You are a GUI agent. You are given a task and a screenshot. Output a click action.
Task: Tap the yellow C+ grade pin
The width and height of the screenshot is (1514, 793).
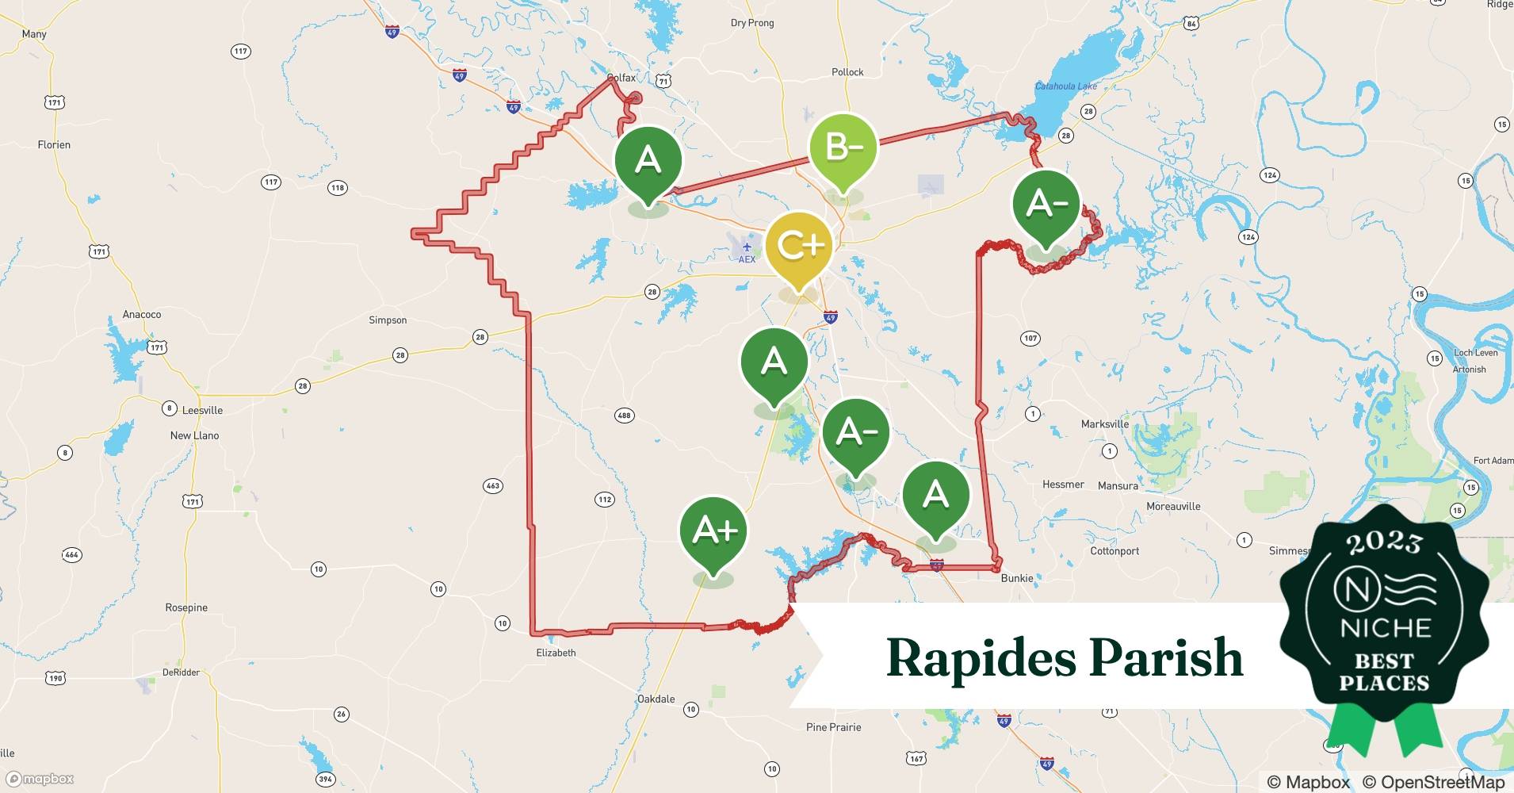tap(799, 246)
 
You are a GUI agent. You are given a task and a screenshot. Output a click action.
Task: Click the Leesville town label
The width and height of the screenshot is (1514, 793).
tap(202, 410)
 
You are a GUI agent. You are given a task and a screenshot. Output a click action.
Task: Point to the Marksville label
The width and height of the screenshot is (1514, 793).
tap(1104, 424)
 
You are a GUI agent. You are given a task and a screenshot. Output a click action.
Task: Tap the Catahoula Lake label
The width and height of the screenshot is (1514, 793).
tap(1066, 86)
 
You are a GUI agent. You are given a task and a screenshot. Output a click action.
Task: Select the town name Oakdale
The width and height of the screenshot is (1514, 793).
tap(656, 699)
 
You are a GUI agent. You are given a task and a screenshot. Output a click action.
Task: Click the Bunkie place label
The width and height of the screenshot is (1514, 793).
tap(1016, 578)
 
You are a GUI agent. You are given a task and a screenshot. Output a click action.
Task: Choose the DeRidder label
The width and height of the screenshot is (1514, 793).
tap(181, 672)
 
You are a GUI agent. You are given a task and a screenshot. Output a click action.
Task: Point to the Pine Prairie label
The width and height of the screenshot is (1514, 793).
tap(833, 727)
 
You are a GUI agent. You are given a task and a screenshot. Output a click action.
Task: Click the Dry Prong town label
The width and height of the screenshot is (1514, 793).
tap(751, 23)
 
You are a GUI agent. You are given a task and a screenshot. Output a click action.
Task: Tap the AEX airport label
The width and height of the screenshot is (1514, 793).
tap(747, 259)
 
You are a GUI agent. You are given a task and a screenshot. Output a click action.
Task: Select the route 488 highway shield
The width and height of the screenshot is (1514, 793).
tap(624, 416)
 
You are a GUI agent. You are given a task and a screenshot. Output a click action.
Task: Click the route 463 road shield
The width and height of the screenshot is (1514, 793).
tap(492, 485)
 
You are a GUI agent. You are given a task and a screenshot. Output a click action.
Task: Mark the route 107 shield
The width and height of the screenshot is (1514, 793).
tap(1030, 339)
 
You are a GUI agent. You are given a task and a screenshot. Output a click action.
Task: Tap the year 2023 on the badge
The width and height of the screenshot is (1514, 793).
tap(1384, 542)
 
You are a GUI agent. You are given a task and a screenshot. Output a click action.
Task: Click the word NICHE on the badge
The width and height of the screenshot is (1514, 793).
tap(1385, 629)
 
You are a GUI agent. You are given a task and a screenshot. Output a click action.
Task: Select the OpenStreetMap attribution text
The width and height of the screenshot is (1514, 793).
tap(1433, 782)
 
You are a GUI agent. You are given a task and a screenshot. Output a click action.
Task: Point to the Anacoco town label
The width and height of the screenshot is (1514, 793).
tap(142, 315)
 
